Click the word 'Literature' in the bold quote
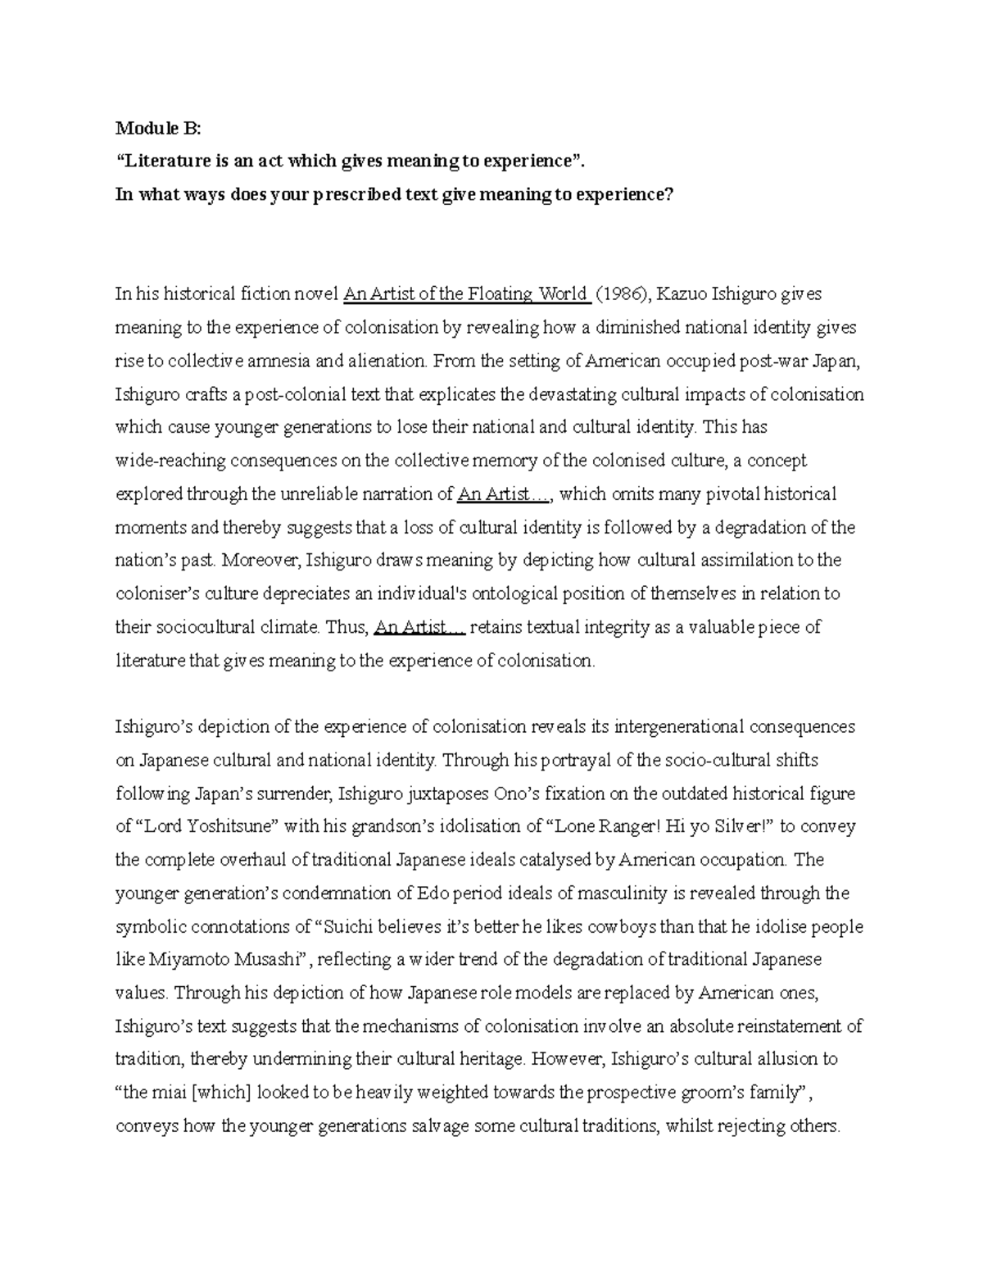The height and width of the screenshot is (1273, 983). [166, 161]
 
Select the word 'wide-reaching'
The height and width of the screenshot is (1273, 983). [170, 461]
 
